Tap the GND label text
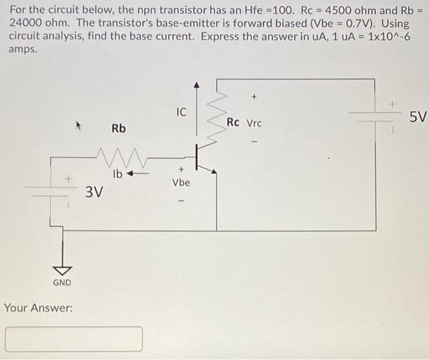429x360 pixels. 62,282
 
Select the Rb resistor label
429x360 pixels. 119,129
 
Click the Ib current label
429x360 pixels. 118,173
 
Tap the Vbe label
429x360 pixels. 181,182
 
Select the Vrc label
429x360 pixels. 254,123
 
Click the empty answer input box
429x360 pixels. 74,339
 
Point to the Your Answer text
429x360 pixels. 39,307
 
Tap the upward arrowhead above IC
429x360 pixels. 196,84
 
